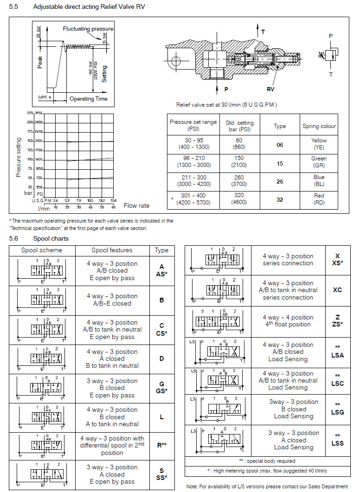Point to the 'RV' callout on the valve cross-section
tap(270, 89)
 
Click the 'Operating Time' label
tap(88, 99)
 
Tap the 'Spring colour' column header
tap(319, 126)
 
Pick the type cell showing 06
tap(280, 145)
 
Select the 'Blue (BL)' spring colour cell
tap(319, 180)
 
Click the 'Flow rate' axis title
tap(136, 205)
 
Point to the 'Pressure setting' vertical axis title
tap(19, 157)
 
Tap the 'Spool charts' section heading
tap(51, 238)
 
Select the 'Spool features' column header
tap(112, 250)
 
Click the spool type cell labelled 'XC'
tap(337, 290)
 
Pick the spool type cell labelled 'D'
tap(161, 358)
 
